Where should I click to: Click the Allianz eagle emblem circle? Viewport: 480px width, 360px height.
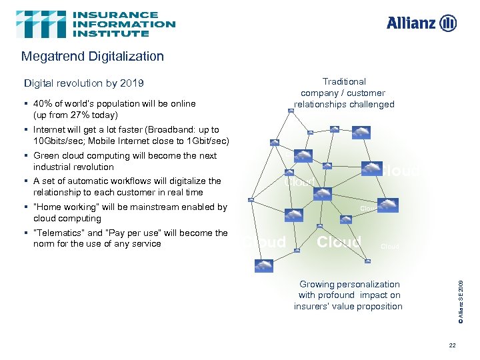point(449,23)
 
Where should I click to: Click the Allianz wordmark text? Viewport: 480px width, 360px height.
point(411,23)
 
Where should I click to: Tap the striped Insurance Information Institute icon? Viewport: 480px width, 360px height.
point(41,24)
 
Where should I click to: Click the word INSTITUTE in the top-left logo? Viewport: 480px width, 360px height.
point(111,33)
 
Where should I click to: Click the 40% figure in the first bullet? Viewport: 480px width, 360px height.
point(43,103)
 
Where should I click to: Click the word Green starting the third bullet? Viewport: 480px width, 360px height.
point(45,155)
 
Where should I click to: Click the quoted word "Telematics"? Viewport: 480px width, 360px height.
point(58,233)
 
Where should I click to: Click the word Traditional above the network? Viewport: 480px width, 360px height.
point(344,81)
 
